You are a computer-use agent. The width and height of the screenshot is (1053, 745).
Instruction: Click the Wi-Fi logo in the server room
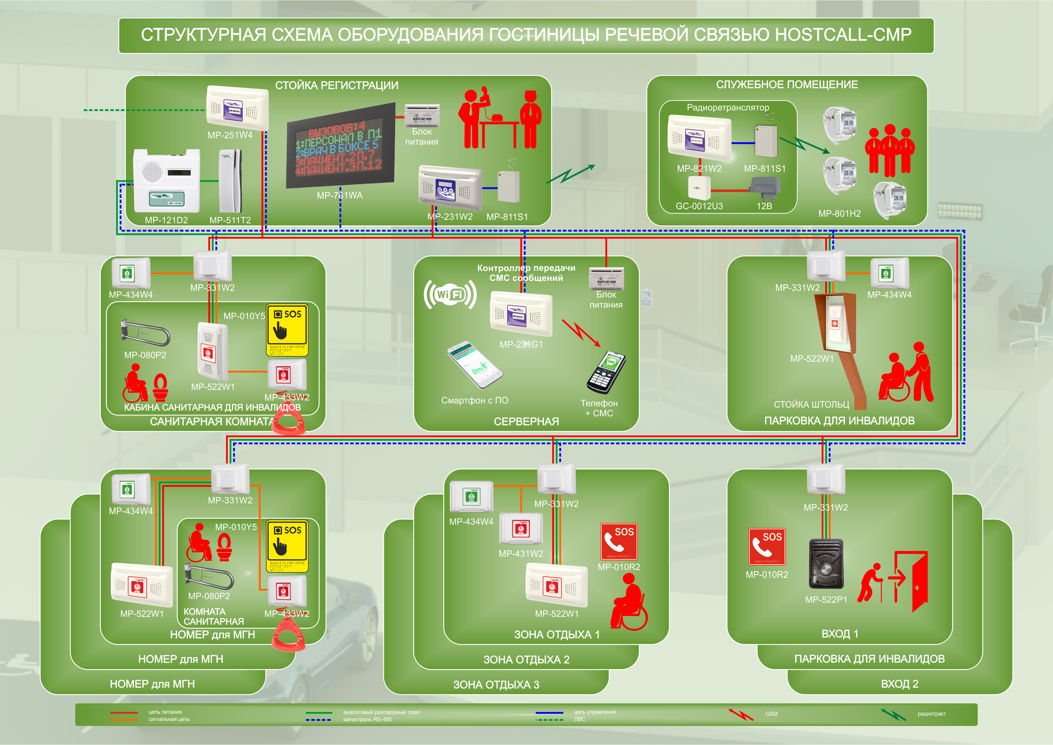450,294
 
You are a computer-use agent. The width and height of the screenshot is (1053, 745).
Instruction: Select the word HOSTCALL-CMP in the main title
843,35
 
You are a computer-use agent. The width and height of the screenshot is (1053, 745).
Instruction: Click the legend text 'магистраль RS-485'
367,719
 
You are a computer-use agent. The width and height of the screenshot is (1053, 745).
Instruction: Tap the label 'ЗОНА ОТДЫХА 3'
496,685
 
